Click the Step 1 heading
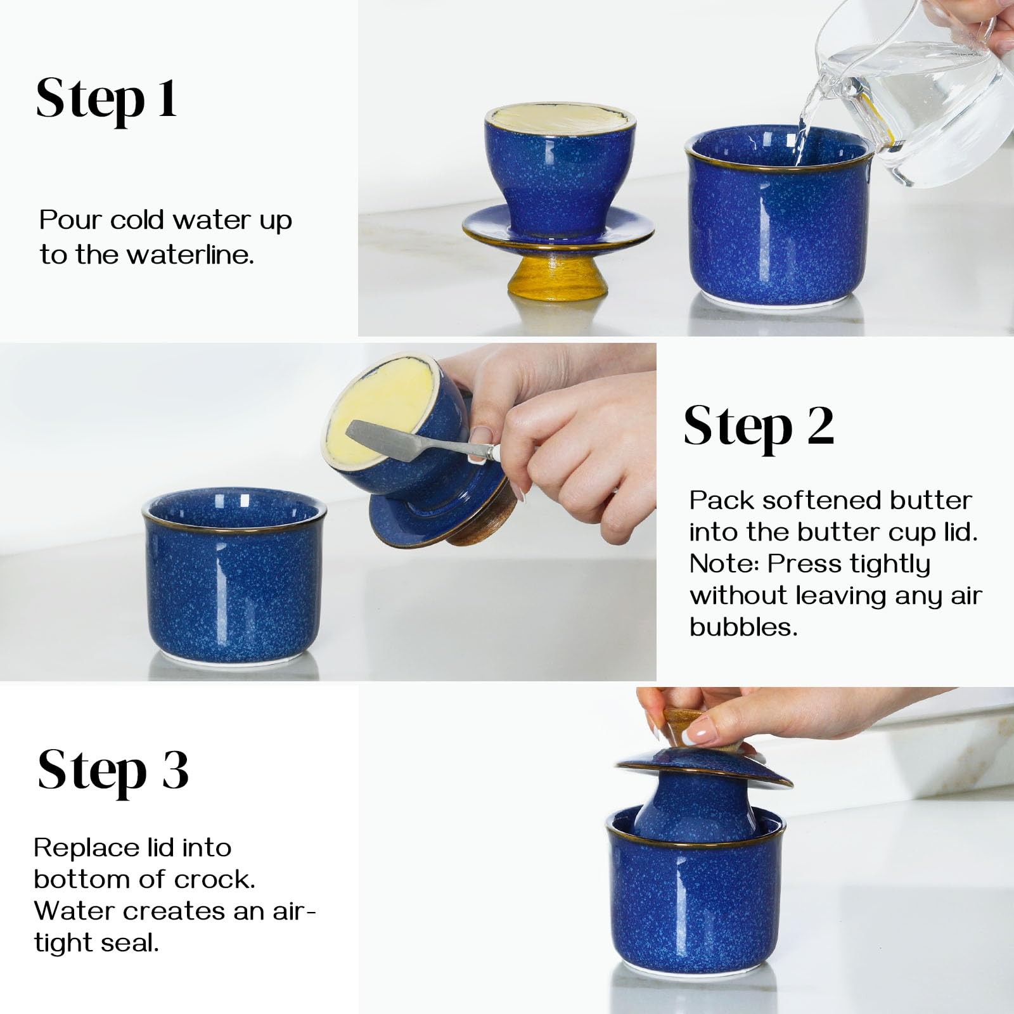(106, 99)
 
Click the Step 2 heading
(758, 427)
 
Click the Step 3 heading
(113, 771)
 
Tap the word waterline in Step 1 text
(189, 255)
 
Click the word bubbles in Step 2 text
(743, 627)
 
